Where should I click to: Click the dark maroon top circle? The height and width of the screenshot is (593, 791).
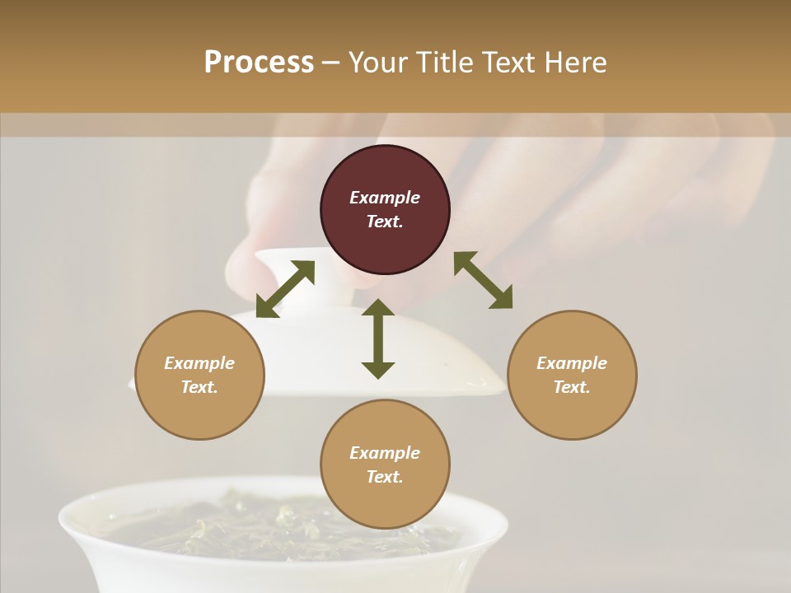point(385,209)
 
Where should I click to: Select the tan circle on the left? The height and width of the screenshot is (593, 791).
point(199,375)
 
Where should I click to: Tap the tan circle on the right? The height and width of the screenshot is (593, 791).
point(572,375)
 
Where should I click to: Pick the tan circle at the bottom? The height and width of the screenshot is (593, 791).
point(385,465)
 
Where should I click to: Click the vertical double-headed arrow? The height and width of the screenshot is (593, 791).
point(378,339)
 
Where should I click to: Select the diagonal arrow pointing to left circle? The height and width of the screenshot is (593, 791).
point(285,289)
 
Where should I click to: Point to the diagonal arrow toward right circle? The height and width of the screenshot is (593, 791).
point(484,280)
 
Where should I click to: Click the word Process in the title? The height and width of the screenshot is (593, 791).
point(259,62)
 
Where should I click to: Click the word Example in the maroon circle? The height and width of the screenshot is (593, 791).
point(385,198)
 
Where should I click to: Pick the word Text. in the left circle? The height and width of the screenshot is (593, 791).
point(199,387)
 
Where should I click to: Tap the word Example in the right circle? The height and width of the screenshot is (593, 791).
point(572,363)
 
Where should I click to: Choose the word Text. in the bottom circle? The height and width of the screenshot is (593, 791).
point(385,477)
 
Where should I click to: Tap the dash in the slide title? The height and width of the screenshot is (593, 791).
point(331,63)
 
